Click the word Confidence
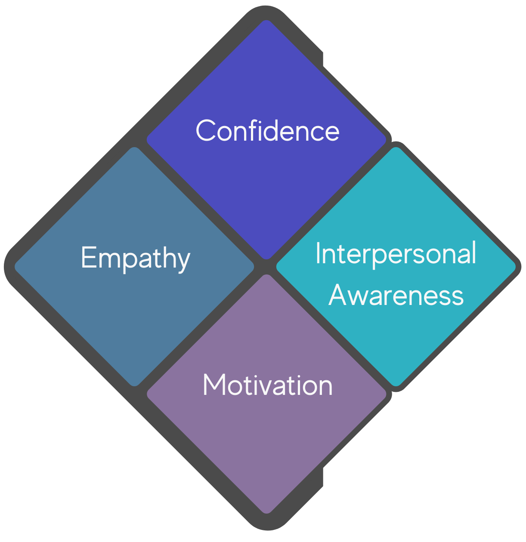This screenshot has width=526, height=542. coord(267,131)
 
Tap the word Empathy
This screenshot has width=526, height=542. coord(135,258)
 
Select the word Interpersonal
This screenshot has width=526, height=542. coord(396,253)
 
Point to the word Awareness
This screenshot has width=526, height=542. coord(396,295)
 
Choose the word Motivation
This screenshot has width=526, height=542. coord(267,385)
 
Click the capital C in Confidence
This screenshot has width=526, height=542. coord(205,131)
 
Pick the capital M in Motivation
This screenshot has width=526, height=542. coord(213,385)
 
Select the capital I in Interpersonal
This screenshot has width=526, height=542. coord(319,253)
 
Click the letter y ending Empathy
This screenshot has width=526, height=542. coord(184,261)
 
